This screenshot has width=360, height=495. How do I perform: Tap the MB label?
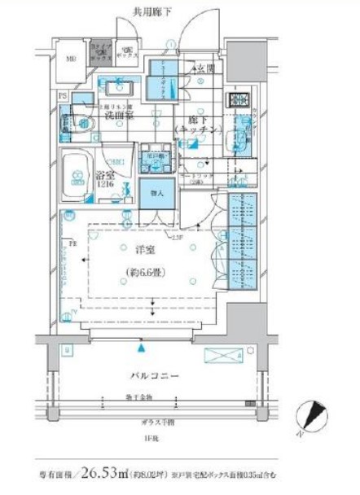click(71, 59)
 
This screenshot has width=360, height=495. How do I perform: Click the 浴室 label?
click(104, 174)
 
